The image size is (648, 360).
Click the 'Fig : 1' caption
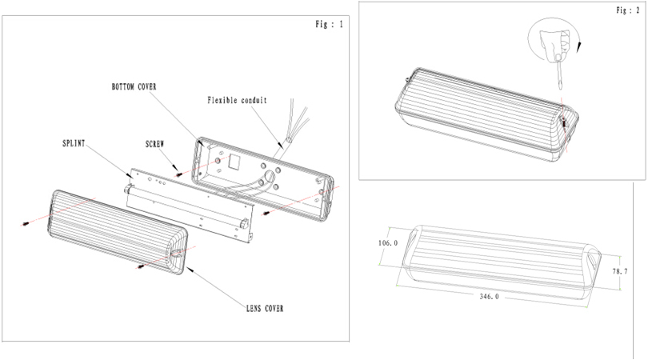(x=329, y=25)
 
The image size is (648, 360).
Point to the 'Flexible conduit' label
(x=237, y=101)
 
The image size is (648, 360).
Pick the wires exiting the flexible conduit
(x=296, y=120)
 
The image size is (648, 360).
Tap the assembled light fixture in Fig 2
(x=480, y=112)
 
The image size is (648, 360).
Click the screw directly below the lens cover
(x=142, y=266)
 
